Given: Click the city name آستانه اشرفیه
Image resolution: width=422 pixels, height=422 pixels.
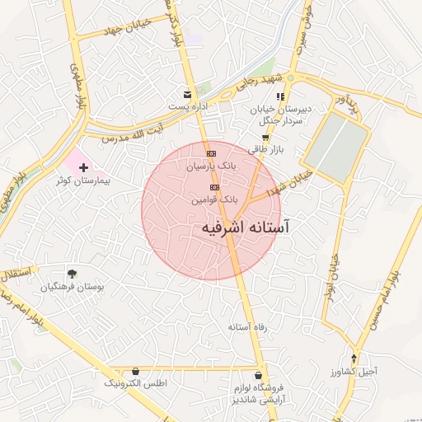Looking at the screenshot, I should click(247, 225).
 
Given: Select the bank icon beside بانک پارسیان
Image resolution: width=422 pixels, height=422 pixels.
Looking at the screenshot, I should click(212, 153).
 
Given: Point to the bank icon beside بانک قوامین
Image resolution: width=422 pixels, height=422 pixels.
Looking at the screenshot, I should click(215, 187).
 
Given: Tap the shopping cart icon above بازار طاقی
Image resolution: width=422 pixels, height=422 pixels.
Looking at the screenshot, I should click(265, 138).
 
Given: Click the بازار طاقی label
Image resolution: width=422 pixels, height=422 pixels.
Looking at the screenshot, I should click(265, 151).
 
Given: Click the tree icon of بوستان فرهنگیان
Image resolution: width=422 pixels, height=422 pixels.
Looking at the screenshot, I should click(72, 274).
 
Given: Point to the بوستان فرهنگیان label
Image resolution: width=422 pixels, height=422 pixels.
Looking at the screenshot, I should click(72, 287).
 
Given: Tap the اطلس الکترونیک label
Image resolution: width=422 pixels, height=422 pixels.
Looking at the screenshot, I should click(136, 383).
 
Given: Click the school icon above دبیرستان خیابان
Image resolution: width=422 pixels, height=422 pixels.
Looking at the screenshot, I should click(281, 96).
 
